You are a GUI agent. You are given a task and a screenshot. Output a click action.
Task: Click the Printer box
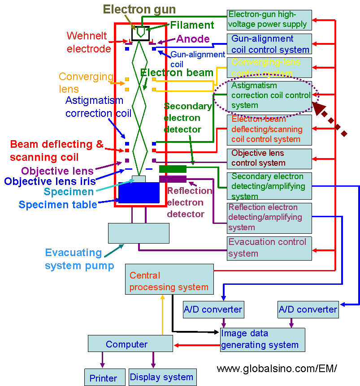click(104, 377)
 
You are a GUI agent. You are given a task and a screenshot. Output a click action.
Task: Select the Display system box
click(162, 377)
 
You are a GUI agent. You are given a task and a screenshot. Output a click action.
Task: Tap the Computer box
click(130, 344)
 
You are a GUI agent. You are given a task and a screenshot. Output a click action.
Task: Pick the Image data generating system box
click(262, 339)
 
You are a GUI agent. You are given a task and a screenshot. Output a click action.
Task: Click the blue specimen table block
click(139, 193)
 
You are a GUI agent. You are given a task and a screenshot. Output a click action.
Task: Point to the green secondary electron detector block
click(173, 169)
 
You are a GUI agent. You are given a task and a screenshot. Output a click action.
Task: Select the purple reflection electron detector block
click(173, 179)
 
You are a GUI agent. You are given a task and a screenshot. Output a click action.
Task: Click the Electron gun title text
click(139, 9)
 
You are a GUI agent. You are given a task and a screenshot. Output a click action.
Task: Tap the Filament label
click(192, 25)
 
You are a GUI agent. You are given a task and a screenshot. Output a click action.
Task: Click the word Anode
click(193, 39)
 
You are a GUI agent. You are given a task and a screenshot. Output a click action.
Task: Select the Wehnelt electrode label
click(89, 42)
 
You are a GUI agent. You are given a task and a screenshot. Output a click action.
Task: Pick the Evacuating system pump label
click(79, 259)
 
